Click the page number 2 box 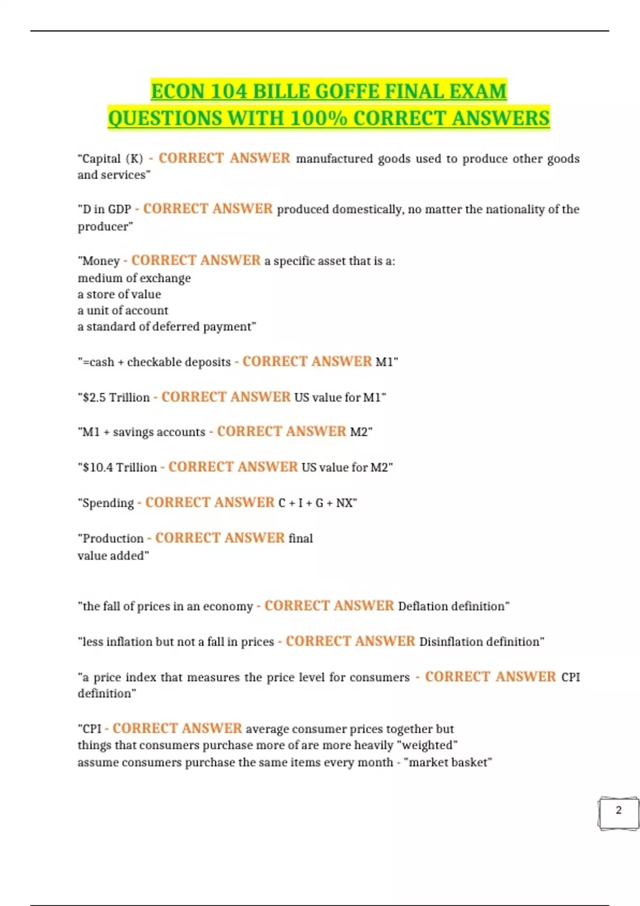[618, 813]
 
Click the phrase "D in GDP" [107, 209]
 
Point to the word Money [101, 261]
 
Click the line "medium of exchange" [134, 278]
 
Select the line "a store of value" [119, 294]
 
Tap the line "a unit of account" [123, 310]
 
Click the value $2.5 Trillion [116, 398]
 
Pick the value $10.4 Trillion [120, 467]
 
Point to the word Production [113, 538]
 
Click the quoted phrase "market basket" [448, 763]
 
